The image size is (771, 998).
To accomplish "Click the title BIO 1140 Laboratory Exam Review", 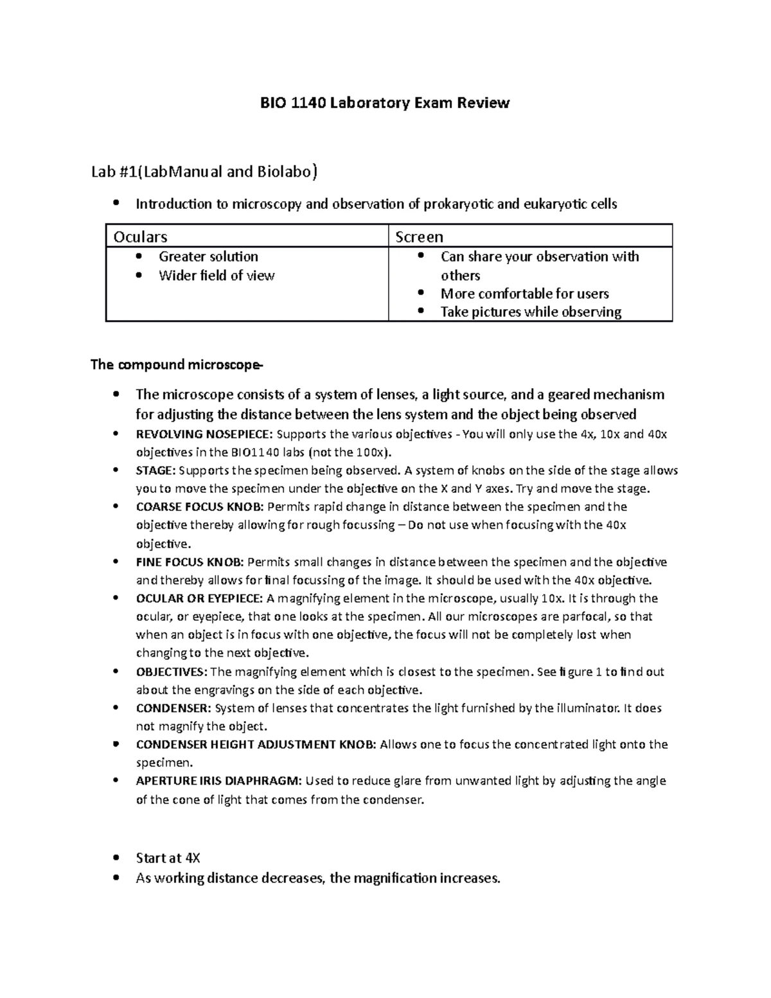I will (384, 103).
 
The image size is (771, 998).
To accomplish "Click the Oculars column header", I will (140, 236).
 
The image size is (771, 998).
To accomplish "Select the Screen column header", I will (419, 236).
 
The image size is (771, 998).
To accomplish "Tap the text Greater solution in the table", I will (208, 256).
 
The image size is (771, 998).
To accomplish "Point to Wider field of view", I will (217, 276).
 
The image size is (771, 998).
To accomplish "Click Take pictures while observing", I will (531, 312).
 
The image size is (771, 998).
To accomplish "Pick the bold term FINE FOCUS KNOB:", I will (190, 562).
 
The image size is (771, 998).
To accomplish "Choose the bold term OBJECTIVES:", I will (172, 672).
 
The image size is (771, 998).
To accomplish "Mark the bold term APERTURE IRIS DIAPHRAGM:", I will (218, 781).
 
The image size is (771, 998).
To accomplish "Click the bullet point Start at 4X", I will (168, 858).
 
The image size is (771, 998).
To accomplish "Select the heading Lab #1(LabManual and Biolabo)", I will (204, 172).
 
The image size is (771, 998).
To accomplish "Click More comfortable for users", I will (524, 294).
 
